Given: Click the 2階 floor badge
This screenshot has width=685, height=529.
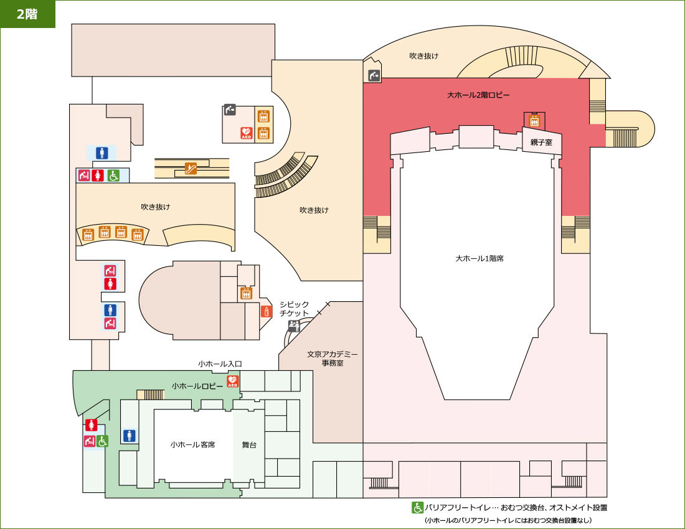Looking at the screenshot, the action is pyautogui.click(x=27, y=14).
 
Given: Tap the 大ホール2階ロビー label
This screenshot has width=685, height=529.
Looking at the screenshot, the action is pyautogui.click(x=478, y=95).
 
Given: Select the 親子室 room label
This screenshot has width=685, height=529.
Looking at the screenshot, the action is pyautogui.click(x=541, y=142).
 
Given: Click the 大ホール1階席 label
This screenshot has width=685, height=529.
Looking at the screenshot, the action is pyautogui.click(x=479, y=258).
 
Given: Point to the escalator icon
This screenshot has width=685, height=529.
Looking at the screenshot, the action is pyautogui.click(x=191, y=168).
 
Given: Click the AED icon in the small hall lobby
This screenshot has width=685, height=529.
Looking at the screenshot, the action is pyautogui.click(x=232, y=381).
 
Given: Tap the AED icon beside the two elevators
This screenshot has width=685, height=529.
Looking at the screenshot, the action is pyautogui.click(x=247, y=133).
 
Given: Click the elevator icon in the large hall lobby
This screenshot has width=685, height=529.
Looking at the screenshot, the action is pyautogui.click(x=534, y=121).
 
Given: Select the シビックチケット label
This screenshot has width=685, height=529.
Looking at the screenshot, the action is pyautogui.click(x=294, y=309).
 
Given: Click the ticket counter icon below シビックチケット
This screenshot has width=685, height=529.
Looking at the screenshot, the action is pyautogui.click(x=294, y=325).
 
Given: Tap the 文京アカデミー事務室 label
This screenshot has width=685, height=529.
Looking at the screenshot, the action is pyautogui.click(x=332, y=358).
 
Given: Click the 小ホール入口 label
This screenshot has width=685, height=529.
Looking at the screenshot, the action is pyautogui.click(x=220, y=363).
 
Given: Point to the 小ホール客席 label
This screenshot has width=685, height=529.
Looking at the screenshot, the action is pyautogui.click(x=192, y=445).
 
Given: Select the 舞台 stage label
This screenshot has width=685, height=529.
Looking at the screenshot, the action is pyautogui.click(x=249, y=445).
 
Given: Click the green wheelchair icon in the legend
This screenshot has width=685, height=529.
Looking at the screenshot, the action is pyautogui.click(x=417, y=508).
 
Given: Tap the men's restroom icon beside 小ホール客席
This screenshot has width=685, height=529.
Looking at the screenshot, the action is pyautogui.click(x=130, y=436).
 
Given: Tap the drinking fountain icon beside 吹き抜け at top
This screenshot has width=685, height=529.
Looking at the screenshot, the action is pyautogui.click(x=374, y=75).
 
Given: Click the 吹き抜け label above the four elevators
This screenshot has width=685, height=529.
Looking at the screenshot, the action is pyautogui.click(x=155, y=207).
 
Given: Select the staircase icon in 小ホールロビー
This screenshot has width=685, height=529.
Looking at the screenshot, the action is pyautogui.click(x=151, y=395).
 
